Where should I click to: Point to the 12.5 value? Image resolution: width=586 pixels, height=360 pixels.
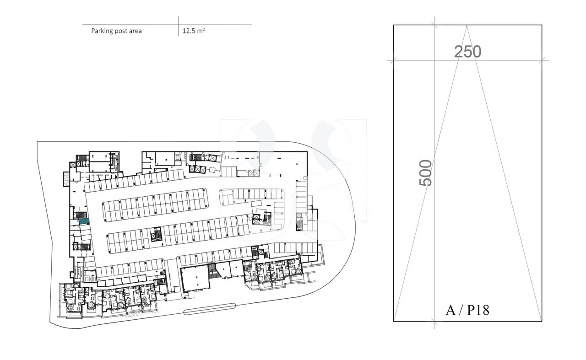189,31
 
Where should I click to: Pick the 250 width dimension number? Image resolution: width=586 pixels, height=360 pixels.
467,52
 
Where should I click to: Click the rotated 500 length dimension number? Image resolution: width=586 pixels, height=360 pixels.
426,172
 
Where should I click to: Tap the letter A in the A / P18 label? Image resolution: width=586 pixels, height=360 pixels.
451,310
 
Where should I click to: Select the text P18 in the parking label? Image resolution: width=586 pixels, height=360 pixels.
478,310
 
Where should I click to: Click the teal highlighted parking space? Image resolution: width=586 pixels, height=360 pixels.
84,221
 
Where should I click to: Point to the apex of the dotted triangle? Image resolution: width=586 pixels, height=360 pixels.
467,26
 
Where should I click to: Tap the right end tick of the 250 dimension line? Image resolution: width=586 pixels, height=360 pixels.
542,60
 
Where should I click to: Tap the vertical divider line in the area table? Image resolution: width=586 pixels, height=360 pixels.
178,27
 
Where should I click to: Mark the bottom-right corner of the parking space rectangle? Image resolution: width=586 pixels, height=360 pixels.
542,321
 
